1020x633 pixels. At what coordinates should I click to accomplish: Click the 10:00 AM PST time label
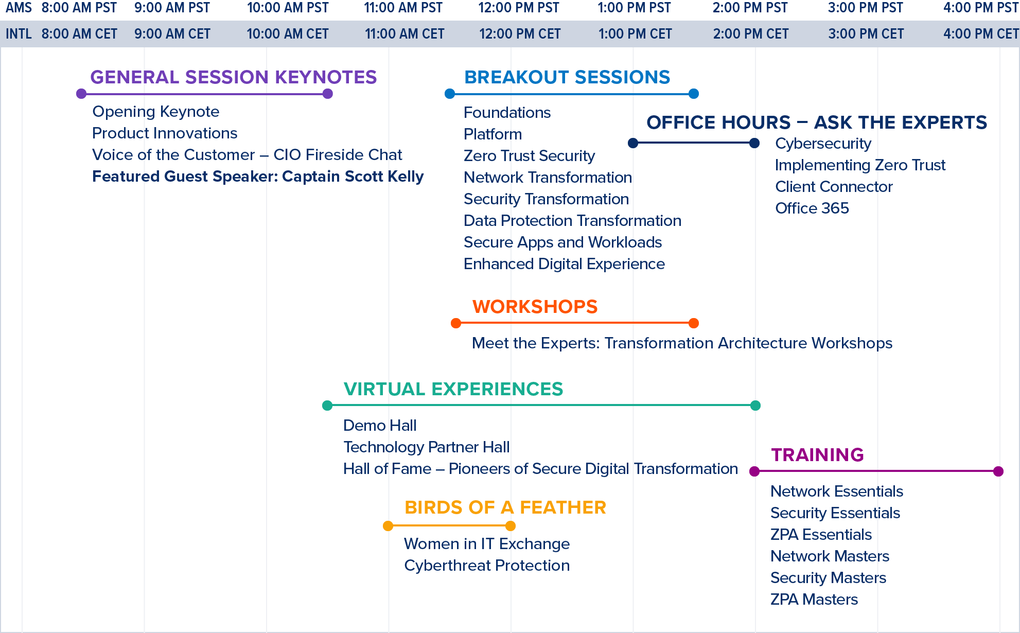coord(288,8)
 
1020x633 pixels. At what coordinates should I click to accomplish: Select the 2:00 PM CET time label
coord(750,34)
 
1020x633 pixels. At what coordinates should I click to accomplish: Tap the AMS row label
coord(19,8)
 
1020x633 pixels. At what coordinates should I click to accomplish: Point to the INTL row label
coord(19,34)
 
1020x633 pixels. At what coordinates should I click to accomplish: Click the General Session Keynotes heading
coord(234,77)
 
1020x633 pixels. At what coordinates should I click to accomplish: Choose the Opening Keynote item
coord(156,112)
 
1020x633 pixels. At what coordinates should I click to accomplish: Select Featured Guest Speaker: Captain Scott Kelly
coord(258,177)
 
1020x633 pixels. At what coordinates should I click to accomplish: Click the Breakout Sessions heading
coord(567,77)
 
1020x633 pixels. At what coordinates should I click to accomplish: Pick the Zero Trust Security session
coord(529,156)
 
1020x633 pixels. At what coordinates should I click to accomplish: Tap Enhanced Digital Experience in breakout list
coord(564,264)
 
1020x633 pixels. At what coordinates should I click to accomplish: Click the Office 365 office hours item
coord(812,208)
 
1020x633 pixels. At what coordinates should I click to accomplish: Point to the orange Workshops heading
coord(535,307)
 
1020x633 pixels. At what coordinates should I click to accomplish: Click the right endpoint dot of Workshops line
coord(694,323)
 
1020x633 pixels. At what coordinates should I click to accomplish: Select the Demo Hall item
coord(380,426)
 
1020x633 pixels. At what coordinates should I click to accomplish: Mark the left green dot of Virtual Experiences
coord(327,406)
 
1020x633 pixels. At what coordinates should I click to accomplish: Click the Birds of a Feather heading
coord(505,507)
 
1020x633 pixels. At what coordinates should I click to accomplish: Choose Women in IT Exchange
coord(487,544)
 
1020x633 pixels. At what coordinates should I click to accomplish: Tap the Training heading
coord(817,455)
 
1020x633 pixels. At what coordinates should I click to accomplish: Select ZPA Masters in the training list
coord(814,600)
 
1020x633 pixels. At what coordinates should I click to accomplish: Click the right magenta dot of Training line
coord(998,471)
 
